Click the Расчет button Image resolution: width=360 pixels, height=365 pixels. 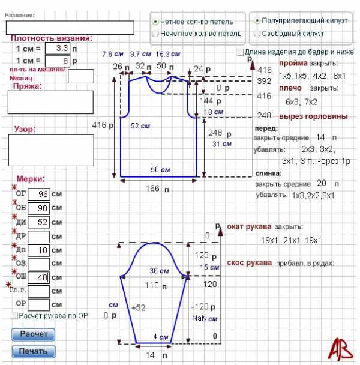coord(33,334)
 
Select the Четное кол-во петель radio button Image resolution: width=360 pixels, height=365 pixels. coord(156,21)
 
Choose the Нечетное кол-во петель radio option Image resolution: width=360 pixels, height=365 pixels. coord(156,34)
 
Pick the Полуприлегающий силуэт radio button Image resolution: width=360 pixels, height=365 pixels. coord(257,20)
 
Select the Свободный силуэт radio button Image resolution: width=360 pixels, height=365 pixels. coord(257,34)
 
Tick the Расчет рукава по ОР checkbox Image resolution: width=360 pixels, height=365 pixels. coord(14,315)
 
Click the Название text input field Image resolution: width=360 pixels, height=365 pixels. coord(70,27)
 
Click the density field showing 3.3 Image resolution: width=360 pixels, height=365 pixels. coord(57,47)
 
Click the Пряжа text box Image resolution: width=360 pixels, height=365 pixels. coord(50,102)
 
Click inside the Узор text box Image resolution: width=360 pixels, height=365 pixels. coord(50,149)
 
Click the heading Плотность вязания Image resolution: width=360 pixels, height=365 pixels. coord(51,37)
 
